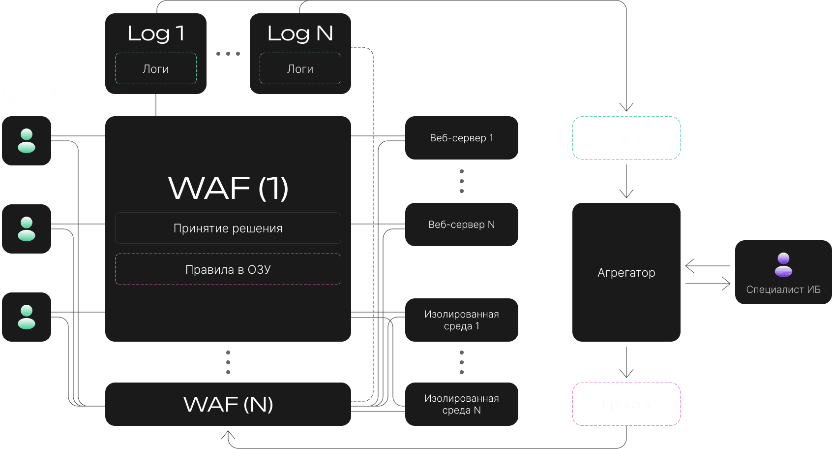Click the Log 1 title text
tap(155, 33)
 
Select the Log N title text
tap(300, 33)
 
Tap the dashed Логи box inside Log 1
tap(155, 69)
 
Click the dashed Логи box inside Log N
tap(300, 69)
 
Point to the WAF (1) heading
tap(228, 188)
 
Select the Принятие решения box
tap(228, 228)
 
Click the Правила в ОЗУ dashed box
tap(228, 269)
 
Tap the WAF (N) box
tap(228, 404)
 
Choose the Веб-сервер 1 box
tap(461, 138)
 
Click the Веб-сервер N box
tap(461, 224)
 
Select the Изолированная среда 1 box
tap(461, 320)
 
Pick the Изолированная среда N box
tap(461, 404)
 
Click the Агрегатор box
tap(626, 272)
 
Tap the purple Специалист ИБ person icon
tap(783, 264)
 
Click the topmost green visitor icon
tap(27, 141)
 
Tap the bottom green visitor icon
tap(27, 317)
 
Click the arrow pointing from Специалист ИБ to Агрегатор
tap(707, 266)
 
